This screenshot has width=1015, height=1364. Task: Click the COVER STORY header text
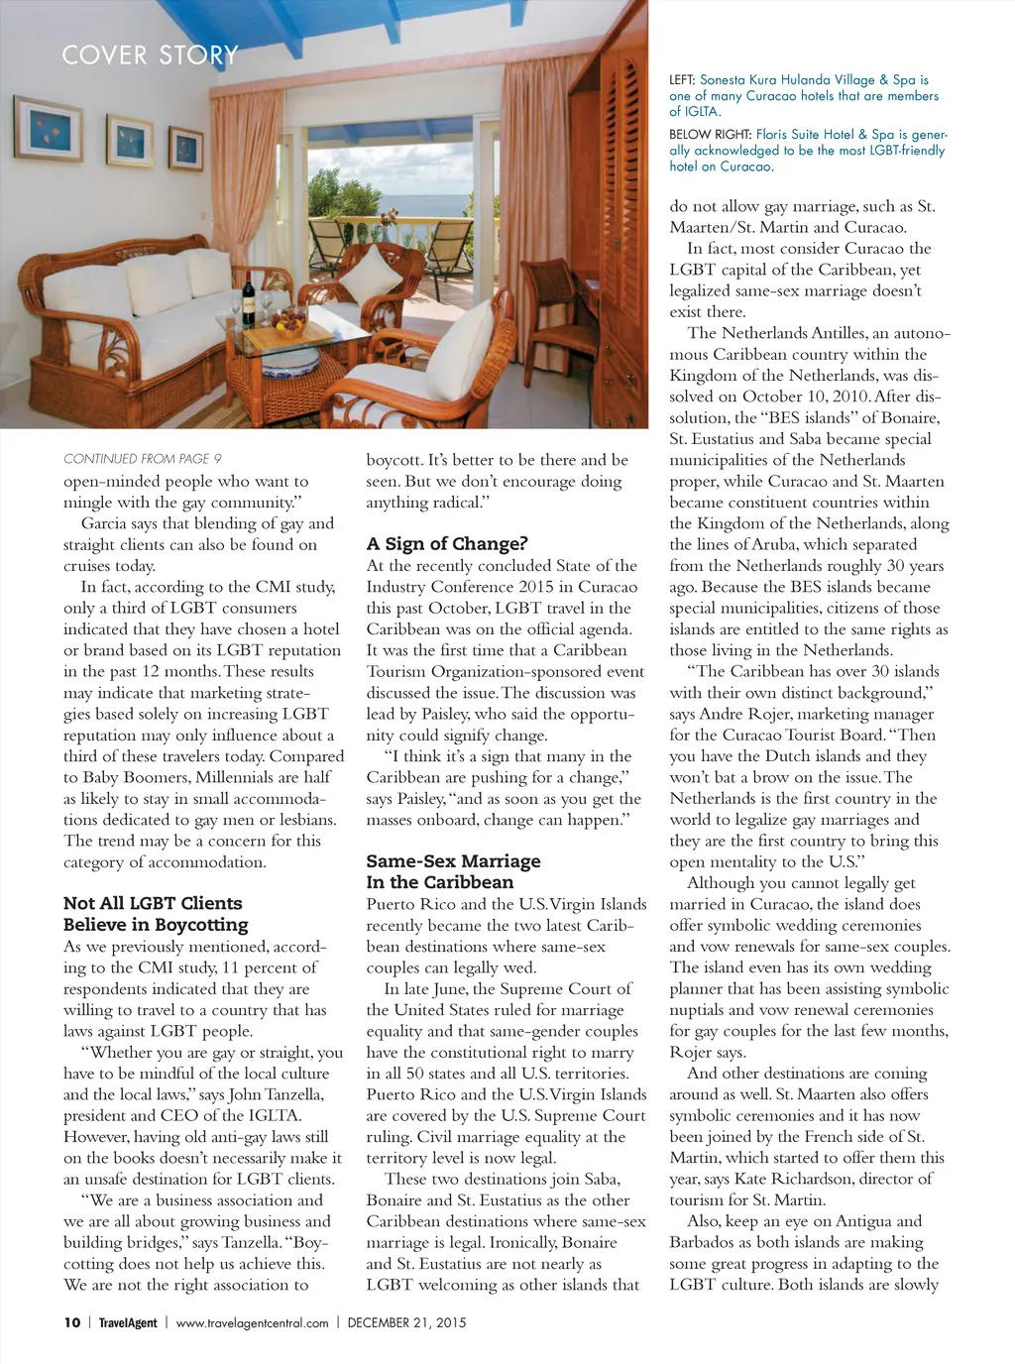tap(150, 56)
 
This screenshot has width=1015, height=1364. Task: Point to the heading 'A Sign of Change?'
tap(447, 544)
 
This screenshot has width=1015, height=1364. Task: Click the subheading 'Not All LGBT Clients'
tap(153, 903)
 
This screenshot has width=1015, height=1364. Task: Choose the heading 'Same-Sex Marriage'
tap(453, 861)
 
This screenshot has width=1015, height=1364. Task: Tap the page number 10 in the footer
tap(72, 1322)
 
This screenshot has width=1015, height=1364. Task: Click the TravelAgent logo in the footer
tap(128, 1322)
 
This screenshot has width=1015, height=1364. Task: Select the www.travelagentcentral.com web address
tap(252, 1322)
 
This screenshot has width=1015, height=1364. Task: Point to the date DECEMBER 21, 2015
tap(406, 1322)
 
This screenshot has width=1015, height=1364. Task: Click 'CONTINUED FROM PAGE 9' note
tap(143, 459)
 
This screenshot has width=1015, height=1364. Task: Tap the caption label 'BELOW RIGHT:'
tap(710, 135)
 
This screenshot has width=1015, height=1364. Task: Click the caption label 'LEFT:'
tap(682, 80)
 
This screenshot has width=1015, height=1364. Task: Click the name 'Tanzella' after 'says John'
tap(293, 1094)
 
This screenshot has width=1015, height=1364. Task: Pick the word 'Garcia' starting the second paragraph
tap(105, 523)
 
